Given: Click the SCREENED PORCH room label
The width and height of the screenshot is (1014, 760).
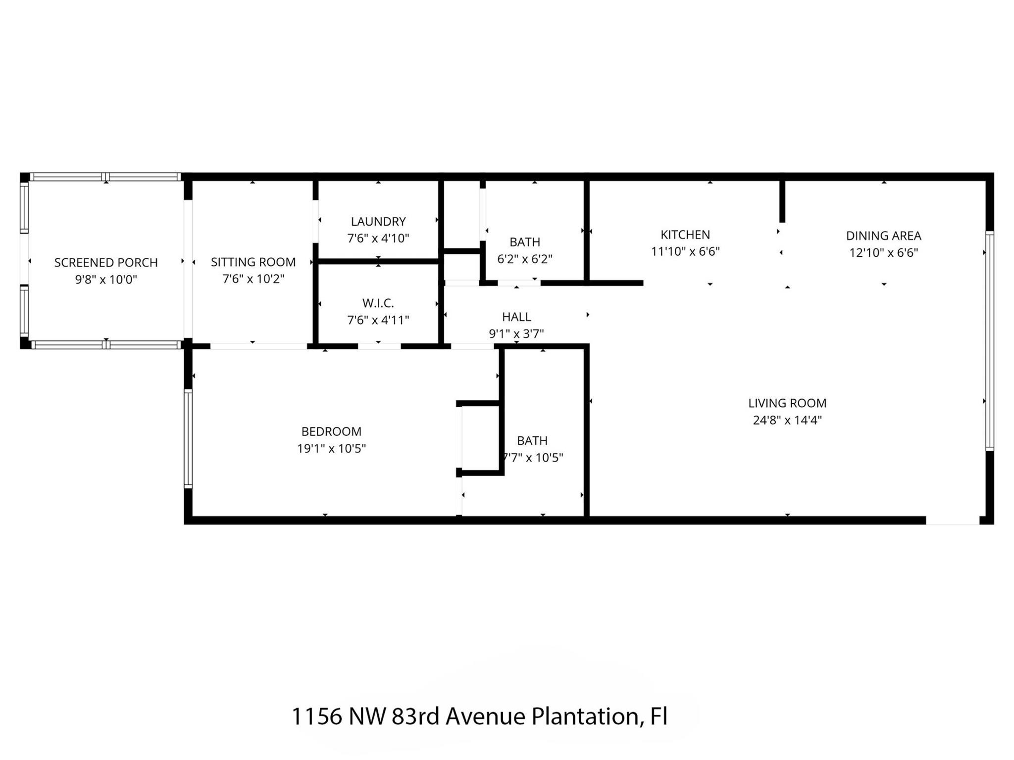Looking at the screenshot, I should point(105,262).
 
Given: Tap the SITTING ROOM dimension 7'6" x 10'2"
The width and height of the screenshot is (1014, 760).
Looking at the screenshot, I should point(253,279).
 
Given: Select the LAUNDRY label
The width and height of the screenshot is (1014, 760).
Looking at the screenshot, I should point(378,221).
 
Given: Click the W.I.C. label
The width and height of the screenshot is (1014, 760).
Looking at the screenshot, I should point(378,303).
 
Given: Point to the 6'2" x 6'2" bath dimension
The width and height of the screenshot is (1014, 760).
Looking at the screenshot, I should point(525,259).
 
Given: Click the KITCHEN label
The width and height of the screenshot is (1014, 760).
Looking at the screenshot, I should point(685,235).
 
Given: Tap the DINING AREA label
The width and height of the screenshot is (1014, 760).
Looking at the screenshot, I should point(883,236).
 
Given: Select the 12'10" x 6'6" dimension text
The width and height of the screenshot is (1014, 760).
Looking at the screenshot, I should point(883,253).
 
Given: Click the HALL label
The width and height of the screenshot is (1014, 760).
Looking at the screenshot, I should point(516,317).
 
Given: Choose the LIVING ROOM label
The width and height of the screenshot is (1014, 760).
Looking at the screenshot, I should point(787,403).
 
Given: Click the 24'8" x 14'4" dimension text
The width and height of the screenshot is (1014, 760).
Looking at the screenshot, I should point(787,420).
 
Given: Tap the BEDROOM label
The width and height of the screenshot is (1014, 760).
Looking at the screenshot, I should point(331,431).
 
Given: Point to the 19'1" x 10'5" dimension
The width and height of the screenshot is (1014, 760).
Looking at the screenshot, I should point(331,449).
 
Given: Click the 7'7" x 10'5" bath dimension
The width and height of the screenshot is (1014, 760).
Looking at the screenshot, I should point(533,458).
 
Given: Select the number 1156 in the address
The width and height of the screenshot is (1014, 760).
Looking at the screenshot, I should point(316,716).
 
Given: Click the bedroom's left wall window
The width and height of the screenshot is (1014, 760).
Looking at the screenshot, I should point(188,438).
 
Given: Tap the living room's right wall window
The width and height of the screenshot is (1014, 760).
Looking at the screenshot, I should point(989,341).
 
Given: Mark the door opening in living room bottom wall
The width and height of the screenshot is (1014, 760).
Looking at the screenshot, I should point(953,520).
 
